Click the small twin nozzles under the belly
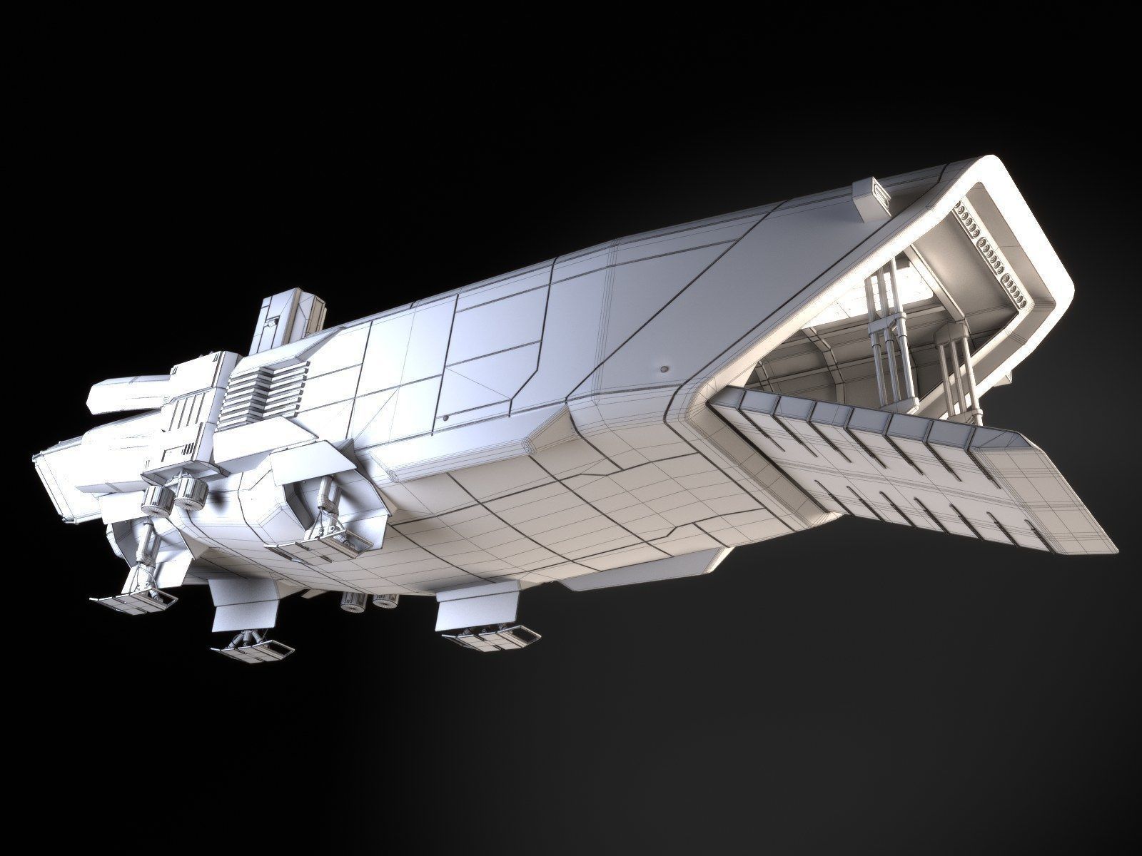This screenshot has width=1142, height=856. coord(368,602)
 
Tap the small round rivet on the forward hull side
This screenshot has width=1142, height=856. coord(665,370)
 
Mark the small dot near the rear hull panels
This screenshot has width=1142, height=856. coord(446,418)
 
